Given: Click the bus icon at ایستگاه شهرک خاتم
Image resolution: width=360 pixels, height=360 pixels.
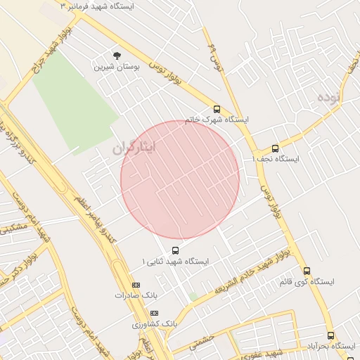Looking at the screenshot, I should [217, 110].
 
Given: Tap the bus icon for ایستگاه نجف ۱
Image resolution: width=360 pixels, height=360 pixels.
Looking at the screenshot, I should [275, 148].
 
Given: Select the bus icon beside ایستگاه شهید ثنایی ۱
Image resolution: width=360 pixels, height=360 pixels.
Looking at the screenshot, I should [175, 250].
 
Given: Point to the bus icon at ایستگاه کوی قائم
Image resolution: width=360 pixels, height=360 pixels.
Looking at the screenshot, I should [307, 271].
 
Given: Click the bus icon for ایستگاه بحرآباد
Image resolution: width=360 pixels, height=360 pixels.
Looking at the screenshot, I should [330, 336].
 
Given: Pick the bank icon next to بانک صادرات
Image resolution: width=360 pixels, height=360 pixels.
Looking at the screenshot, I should [136, 285].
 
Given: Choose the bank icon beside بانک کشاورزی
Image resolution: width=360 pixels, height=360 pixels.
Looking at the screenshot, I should [155, 313].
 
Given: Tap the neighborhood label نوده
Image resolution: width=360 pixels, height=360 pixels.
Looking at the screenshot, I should [328, 96].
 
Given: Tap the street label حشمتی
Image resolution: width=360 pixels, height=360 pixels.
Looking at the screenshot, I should [202, 342].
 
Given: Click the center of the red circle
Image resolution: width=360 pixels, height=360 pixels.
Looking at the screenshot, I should [180, 179].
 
